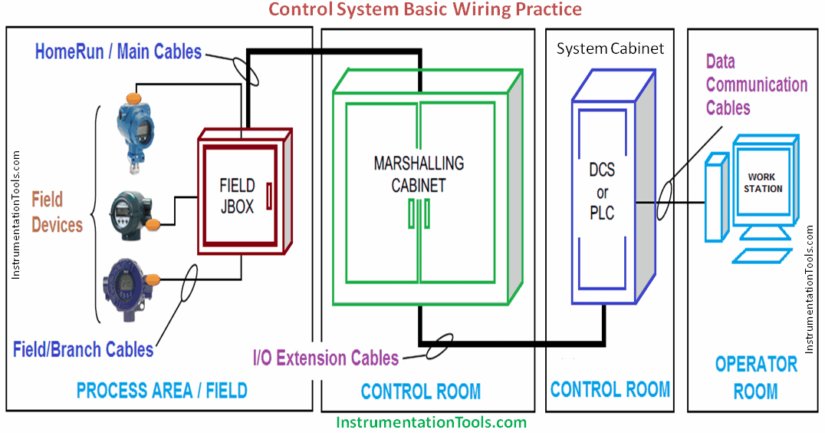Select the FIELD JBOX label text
click(236, 197)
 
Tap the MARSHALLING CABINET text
click(418, 174)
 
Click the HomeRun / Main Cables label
click(119, 52)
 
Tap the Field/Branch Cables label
click(83, 349)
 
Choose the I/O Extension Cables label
click(326, 358)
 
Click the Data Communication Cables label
click(756, 84)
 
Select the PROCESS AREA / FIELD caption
click(162, 390)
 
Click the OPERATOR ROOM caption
click(755, 377)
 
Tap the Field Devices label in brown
click(57, 213)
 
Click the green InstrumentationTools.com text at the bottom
click(431, 421)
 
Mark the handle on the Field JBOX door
click(269, 196)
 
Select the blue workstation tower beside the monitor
click(716, 196)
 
